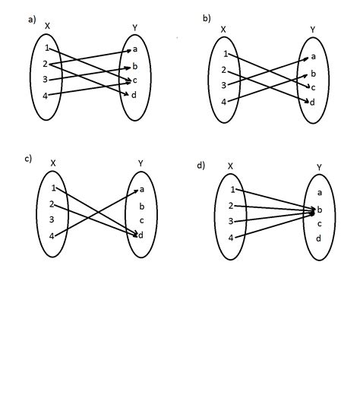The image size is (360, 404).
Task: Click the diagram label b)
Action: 206,17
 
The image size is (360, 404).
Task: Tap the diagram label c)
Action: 28,158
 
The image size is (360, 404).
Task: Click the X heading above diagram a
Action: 47,26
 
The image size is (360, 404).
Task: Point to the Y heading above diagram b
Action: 312,30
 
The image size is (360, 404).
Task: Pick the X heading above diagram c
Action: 52,163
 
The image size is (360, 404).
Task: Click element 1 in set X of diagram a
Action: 46,49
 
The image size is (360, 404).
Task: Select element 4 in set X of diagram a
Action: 46,96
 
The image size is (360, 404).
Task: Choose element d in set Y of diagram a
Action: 134,94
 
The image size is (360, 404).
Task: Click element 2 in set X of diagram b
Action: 224,70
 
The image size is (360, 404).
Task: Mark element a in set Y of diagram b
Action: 313,57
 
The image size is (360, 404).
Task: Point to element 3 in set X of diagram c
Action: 52,219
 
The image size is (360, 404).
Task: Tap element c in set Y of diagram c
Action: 141,220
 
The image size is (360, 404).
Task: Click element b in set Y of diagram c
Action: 141,205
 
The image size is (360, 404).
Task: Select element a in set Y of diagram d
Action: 320,193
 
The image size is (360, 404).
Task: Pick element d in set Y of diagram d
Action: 320,238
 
